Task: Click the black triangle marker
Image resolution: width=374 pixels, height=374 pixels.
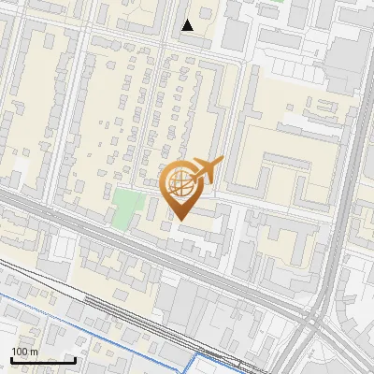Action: coord(188,25)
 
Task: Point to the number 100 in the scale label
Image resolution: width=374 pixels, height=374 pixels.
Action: coord(20,352)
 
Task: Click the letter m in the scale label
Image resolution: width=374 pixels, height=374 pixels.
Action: coord(33,352)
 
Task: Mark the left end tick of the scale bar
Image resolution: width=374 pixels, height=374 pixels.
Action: coord(11,359)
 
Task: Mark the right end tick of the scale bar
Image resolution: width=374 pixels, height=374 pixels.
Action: coord(75,359)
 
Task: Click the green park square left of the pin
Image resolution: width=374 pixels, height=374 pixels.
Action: coord(123,208)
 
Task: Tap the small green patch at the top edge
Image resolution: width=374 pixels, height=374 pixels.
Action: coord(277,2)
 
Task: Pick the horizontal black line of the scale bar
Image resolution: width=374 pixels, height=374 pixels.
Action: coord(43,361)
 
